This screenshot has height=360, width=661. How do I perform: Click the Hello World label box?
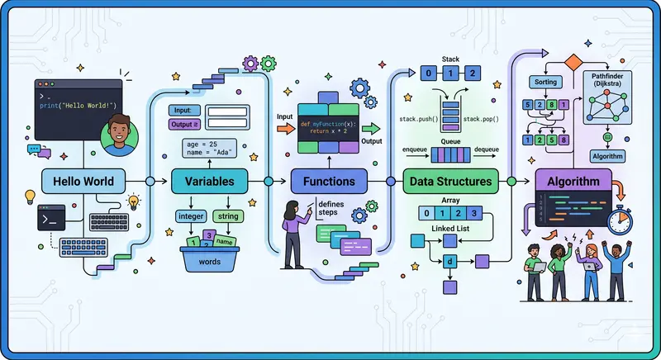coord(83,181)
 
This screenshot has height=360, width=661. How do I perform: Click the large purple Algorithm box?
coord(573,181)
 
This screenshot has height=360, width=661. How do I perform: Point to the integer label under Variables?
coord(191,216)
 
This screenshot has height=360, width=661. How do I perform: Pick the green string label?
coord(227,216)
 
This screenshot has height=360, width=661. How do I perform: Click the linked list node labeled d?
coord(450,262)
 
